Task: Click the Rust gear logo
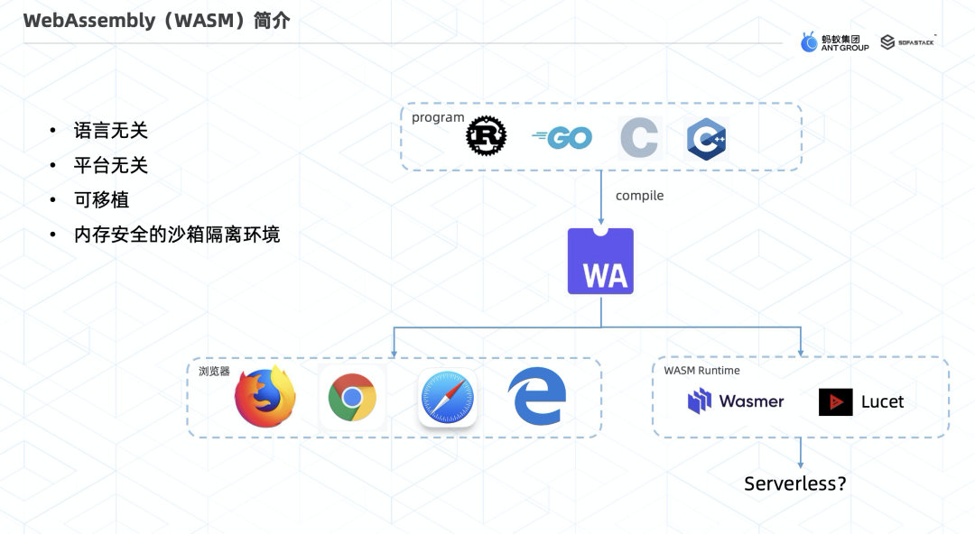point(486,137)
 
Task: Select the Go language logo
point(562,138)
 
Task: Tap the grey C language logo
point(639,138)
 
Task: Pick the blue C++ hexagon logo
point(707,139)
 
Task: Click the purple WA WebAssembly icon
point(600,262)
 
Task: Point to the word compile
point(639,196)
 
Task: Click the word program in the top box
point(438,117)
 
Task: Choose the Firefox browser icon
point(265,397)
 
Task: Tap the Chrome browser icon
point(352,397)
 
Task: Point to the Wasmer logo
point(736,401)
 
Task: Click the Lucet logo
point(861,401)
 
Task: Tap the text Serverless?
point(795,483)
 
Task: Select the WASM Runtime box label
point(701,371)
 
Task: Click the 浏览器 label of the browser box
point(214,371)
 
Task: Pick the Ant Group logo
point(834,42)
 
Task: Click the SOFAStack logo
point(906,41)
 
